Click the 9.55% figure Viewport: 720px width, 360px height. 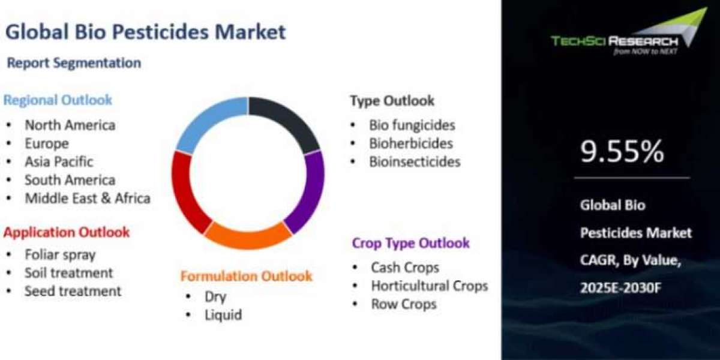click(622, 151)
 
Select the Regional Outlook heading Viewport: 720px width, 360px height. click(58, 100)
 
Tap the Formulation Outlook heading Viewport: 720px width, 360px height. click(246, 276)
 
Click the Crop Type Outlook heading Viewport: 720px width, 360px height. click(411, 244)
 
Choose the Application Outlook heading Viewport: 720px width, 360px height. click(67, 232)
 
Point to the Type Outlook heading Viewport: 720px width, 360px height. click(392, 101)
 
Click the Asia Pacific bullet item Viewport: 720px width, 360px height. click(59, 161)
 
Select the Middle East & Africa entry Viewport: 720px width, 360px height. click(88, 199)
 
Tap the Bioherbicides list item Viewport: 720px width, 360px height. click(411, 143)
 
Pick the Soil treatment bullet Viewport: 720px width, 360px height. click(69, 273)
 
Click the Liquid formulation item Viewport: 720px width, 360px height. click(223, 315)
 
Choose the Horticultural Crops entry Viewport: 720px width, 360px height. click(430, 286)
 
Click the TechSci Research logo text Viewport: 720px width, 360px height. click(614, 41)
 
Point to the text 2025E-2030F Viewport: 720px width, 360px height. click(620, 288)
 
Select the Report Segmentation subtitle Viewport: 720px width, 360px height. click(74, 63)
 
